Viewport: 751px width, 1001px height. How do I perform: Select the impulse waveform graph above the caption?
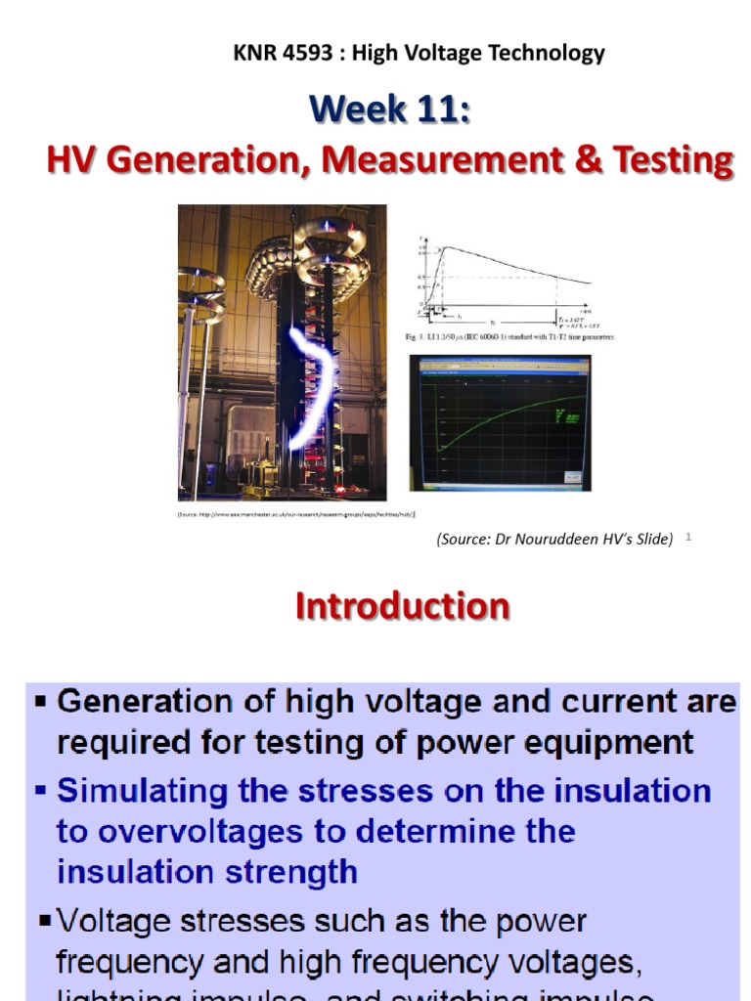point(504,279)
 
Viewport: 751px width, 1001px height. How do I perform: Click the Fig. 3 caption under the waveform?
point(509,338)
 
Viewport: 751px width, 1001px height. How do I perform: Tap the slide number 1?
point(688,537)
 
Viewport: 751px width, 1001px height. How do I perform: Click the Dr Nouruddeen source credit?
point(555,539)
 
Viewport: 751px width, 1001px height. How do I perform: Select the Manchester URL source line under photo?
point(296,513)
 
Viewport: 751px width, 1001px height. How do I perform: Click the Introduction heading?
point(402,606)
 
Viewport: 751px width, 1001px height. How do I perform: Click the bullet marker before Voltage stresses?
point(45,921)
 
